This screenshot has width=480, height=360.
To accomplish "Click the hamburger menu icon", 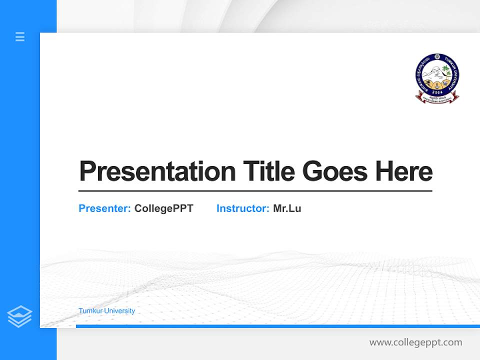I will [x=20, y=36].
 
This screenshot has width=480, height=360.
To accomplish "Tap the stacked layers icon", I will [x=19, y=316].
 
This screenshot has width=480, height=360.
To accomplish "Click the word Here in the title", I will [x=403, y=171].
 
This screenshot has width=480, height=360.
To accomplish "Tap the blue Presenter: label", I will [x=104, y=208].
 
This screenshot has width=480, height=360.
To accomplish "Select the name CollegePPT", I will [x=163, y=208].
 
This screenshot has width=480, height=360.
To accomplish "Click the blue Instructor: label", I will [x=242, y=208].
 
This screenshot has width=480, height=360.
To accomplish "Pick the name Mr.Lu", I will [x=287, y=208].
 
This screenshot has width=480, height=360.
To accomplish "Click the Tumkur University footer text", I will [x=106, y=311].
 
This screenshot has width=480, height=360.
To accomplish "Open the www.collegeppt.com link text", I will [x=415, y=342].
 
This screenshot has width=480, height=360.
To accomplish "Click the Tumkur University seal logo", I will [x=437, y=77].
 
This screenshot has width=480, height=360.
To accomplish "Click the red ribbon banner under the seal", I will [x=437, y=99].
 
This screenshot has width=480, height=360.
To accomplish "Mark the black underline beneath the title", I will [x=255, y=190].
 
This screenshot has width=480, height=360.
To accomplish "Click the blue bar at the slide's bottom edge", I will [x=277, y=326].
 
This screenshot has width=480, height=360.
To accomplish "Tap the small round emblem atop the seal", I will [x=437, y=57].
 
